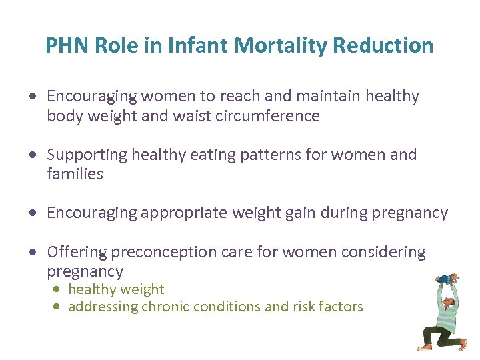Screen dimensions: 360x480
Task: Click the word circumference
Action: (x=268, y=116)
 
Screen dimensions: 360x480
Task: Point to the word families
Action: (x=75, y=174)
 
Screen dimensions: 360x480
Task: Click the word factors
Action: (x=339, y=307)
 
